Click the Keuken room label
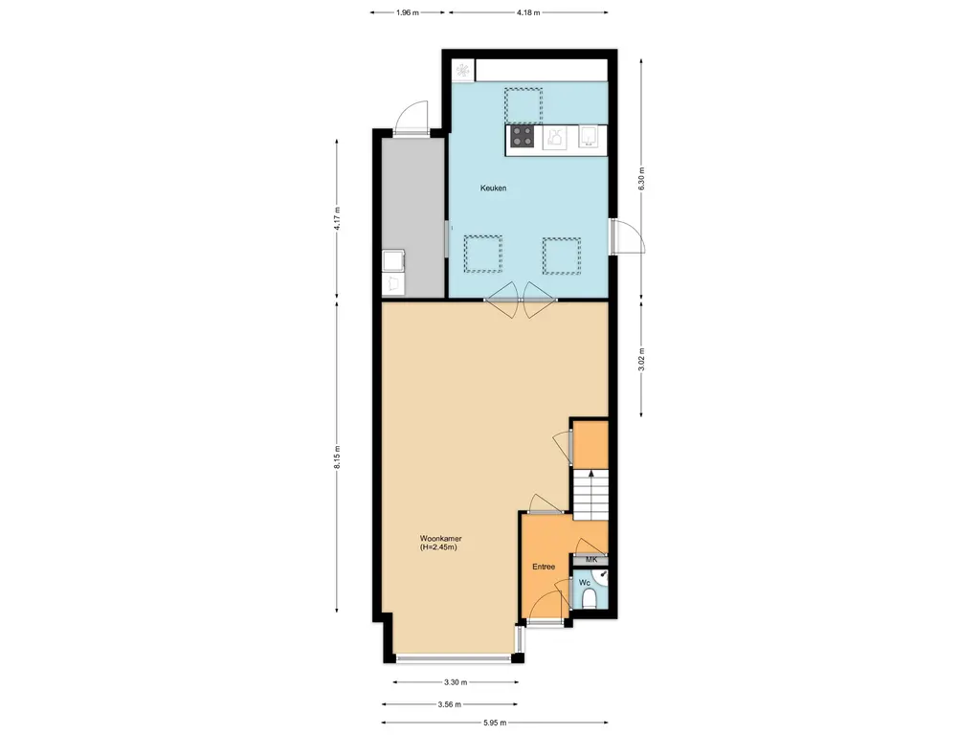point(493,188)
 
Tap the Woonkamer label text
point(440,538)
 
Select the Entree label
point(544,567)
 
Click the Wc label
point(585,583)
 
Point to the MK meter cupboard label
point(591,559)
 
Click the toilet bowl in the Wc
point(589,601)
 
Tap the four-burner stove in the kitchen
point(523,136)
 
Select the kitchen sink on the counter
point(589,136)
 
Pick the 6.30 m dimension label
point(642,178)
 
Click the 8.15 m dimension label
point(338,457)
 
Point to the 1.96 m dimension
point(408,12)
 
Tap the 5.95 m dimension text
point(495,724)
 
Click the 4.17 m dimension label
point(338,219)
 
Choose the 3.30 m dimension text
point(456,682)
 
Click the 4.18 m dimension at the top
point(528,12)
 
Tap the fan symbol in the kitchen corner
point(462,70)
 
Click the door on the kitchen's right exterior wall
point(627,235)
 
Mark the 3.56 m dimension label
point(450,704)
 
